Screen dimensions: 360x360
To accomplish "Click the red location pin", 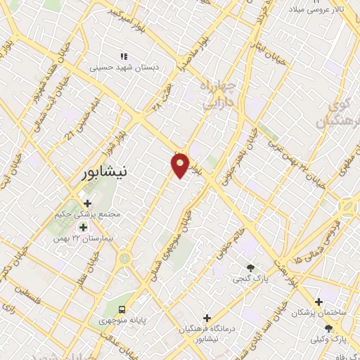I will click(x=181, y=165).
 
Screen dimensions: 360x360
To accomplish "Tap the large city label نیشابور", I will click(x=102, y=172).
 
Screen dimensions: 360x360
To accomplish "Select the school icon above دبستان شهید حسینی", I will click(x=124, y=56).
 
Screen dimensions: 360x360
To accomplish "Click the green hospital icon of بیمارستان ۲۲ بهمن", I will click(x=83, y=227).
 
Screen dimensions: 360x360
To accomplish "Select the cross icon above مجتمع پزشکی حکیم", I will click(x=87, y=203).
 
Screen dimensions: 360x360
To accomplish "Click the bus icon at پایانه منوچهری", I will click(x=122, y=309).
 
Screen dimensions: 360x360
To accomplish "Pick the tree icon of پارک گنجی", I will click(x=250, y=267).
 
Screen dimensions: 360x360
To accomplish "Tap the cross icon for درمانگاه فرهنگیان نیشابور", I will click(x=206, y=318).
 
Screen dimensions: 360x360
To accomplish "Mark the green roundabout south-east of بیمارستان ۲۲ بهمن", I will click(x=125, y=259).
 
